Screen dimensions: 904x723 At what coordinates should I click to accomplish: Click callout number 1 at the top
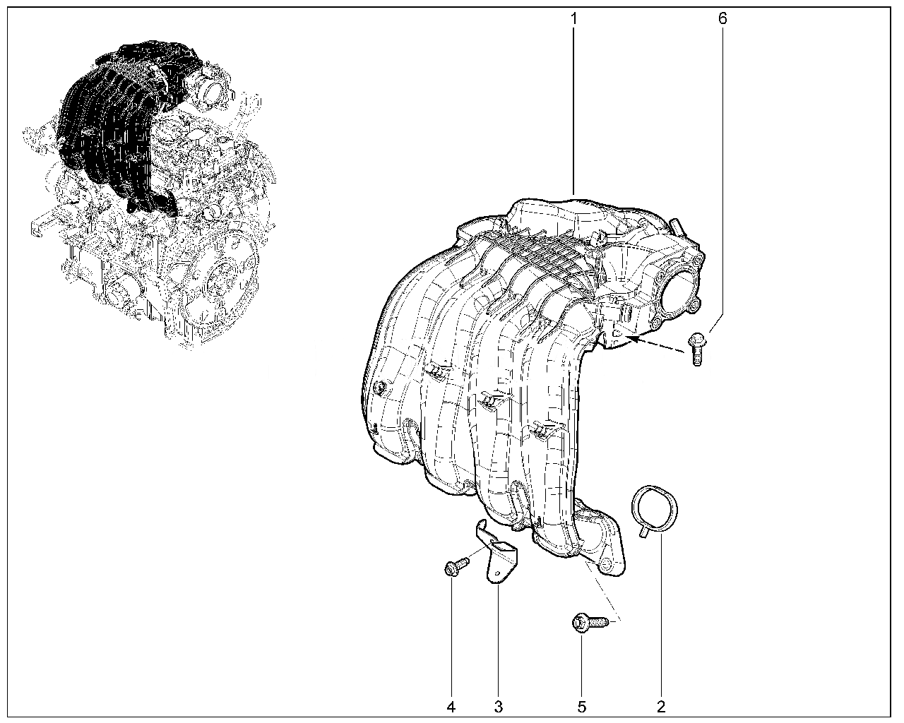click(573, 18)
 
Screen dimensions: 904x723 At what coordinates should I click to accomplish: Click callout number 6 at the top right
click(722, 18)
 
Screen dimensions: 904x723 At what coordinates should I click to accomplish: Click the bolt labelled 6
click(697, 349)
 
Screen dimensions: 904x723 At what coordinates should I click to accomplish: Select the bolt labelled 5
click(590, 622)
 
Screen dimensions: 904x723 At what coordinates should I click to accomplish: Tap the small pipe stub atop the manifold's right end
click(677, 227)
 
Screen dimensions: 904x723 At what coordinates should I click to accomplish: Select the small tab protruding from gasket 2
click(644, 532)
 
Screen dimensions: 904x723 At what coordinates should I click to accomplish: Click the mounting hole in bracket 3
click(497, 573)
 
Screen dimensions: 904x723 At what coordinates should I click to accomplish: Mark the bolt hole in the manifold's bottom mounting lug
click(608, 563)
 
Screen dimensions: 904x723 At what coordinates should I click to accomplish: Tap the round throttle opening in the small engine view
click(213, 89)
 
